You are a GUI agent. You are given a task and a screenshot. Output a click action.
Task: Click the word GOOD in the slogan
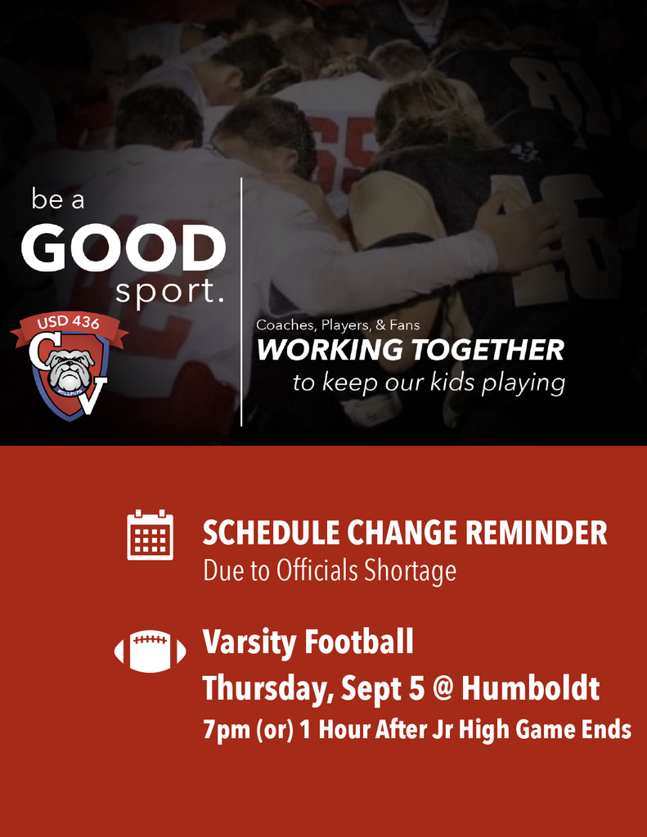(x=124, y=248)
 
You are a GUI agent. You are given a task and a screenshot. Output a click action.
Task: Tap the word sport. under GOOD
(x=169, y=292)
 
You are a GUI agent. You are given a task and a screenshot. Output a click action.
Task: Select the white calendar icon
(x=150, y=535)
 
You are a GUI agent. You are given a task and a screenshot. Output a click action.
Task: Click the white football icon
(x=150, y=651)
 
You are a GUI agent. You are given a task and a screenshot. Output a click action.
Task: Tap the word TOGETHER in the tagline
(x=487, y=351)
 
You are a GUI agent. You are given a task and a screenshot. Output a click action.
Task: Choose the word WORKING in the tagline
(x=330, y=351)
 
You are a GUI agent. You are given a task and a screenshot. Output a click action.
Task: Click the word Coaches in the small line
(x=285, y=325)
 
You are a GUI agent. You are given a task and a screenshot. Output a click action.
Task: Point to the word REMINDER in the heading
(x=536, y=534)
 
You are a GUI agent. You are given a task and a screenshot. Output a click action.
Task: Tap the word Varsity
(x=243, y=642)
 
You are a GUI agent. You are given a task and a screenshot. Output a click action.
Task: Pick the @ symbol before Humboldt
(x=442, y=688)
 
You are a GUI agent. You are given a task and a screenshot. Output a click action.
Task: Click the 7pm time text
(x=227, y=730)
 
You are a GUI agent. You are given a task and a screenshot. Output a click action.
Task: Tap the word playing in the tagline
(x=523, y=383)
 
